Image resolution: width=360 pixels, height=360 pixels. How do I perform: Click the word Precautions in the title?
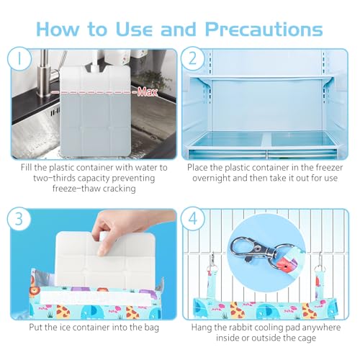pyautogui.click(x=264, y=30)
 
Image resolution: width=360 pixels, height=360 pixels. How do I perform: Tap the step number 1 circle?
pyautogui.click(x=19, y=59)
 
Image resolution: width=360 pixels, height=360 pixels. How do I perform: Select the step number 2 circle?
pyautogui.click(x=192, y=59)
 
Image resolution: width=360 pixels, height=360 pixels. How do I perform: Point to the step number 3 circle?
pyautogui.click(x=19, y=219)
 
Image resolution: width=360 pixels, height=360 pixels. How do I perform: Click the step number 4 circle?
pyautogui.click(x=192, y=219)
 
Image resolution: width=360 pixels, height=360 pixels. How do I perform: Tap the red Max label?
pyautogui.click(x=147, y=92)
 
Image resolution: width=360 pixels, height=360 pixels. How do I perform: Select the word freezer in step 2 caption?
pyautogui.click(x=328, y=168)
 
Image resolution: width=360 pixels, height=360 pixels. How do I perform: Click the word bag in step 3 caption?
pyautogui.click(x=150, y=328)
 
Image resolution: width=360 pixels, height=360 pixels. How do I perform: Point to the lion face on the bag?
pyautogui.click(x=35, y=292)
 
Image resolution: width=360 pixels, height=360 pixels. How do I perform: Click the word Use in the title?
pyautogui.click(x=134, y=30)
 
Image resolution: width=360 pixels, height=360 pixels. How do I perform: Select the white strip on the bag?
pyautogui.click(x=96, y=298)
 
